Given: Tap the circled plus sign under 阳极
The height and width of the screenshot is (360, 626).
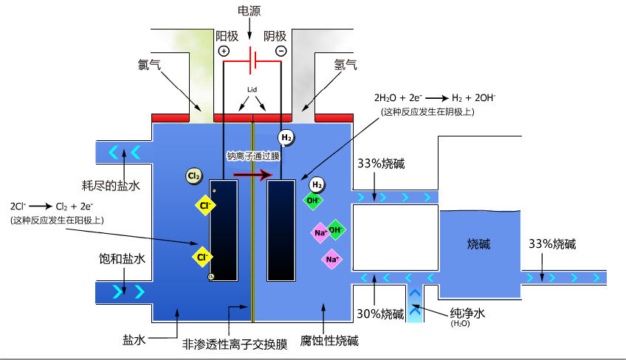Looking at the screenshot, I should [x=224, y=51].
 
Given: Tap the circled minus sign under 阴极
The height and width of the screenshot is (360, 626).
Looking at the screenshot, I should [x=281, y=51].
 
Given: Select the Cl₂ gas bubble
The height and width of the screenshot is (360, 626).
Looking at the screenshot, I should [x=194, y=176].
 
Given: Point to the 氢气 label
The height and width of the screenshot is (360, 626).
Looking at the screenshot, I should [x=345, y=64].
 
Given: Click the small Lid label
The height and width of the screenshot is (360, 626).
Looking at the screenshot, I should [x=252, y=89].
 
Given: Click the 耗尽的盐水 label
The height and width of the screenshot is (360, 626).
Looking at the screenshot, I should [x=110, y=185].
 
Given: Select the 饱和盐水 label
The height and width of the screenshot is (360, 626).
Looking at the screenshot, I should [x=122, y=259].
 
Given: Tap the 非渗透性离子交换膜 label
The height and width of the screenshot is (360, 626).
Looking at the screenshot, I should [x=235, y=344].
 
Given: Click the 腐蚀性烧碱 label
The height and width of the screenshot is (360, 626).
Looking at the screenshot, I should [x=329, y=341].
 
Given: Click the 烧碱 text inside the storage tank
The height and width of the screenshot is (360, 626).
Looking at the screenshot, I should [x=479, y=244].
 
